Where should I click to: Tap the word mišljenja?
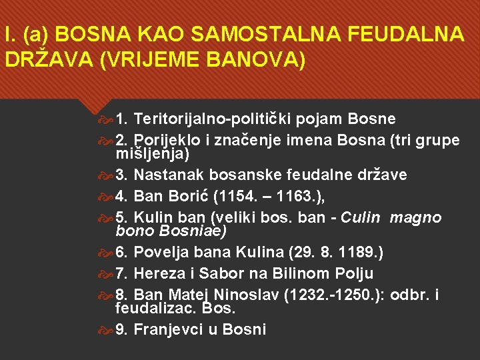point(153,154)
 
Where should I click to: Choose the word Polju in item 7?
point(351,273)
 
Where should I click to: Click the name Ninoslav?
point(246,295)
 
